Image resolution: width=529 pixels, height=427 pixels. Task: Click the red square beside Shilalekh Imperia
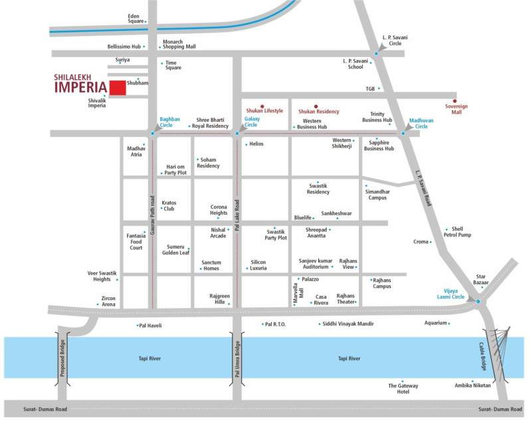(118, 87)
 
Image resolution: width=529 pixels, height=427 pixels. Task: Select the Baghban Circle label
(169, 122)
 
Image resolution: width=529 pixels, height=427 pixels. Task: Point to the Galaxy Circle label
(251, 122)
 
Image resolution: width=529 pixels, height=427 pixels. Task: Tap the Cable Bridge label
(484, 358)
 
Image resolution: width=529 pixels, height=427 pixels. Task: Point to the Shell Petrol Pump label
(457, 232)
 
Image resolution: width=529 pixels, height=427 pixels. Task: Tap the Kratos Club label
(169, 206)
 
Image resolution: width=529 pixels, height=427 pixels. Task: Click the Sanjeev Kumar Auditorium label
(314, 263)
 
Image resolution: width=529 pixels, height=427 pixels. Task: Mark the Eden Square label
(136, 18)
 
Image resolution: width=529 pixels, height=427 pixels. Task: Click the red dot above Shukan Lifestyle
(263, 106)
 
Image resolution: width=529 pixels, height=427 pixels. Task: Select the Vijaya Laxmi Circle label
(455, 293)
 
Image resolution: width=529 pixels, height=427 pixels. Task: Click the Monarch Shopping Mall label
(180, 44)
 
